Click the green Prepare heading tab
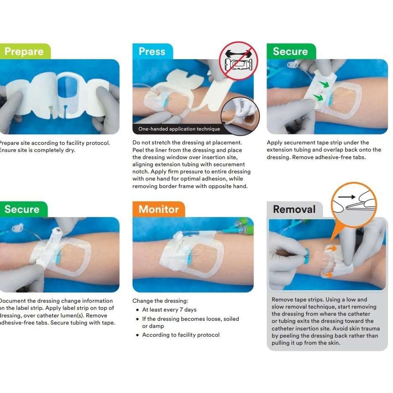(x=24, y=52)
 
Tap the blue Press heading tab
(x=152, y=52)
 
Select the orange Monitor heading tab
(x=159, y=209)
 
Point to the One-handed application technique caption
(x=179, y=129)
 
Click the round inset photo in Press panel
(x=240, y=116)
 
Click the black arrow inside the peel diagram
(x=347, y=196)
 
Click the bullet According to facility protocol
(x=181, y=335)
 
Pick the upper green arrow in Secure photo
(x=323, y=84)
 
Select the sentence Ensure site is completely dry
(x=38, y=150)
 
